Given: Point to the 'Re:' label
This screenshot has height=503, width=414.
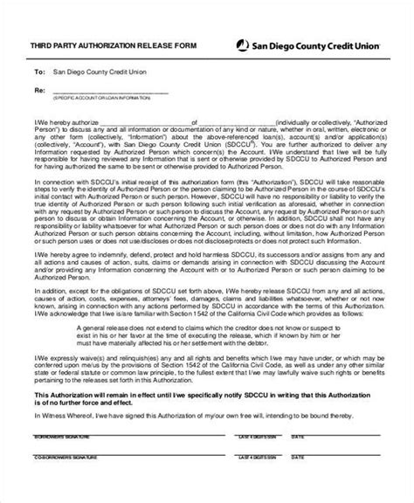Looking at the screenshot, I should pyautogui.click(x=38, y=90).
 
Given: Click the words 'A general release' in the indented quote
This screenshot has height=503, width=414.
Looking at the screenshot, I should pyautogui.click(x=92, y=301).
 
